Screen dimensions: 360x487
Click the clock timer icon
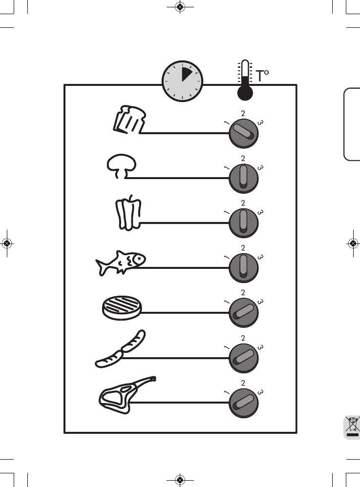pyautogui.click(x=182, y=81)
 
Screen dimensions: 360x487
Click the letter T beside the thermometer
pyautogui.click(x=260, y=77)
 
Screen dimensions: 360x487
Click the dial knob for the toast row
pyautogui.click(x=243, y=133)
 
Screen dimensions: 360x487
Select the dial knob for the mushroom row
pyautogui.click(x=243, y=178)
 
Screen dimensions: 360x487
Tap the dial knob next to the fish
pyautogui.click(x=243, y=267)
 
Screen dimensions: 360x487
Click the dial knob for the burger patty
pyautogui.click(x=243, y=313)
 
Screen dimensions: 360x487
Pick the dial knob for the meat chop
pyautogui.click(x=243, y=402)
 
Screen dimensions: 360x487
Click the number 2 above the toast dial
pyautogui.click(x=243, y=113)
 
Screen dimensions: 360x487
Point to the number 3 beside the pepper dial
pyautogui.click(x=261, y=212)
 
